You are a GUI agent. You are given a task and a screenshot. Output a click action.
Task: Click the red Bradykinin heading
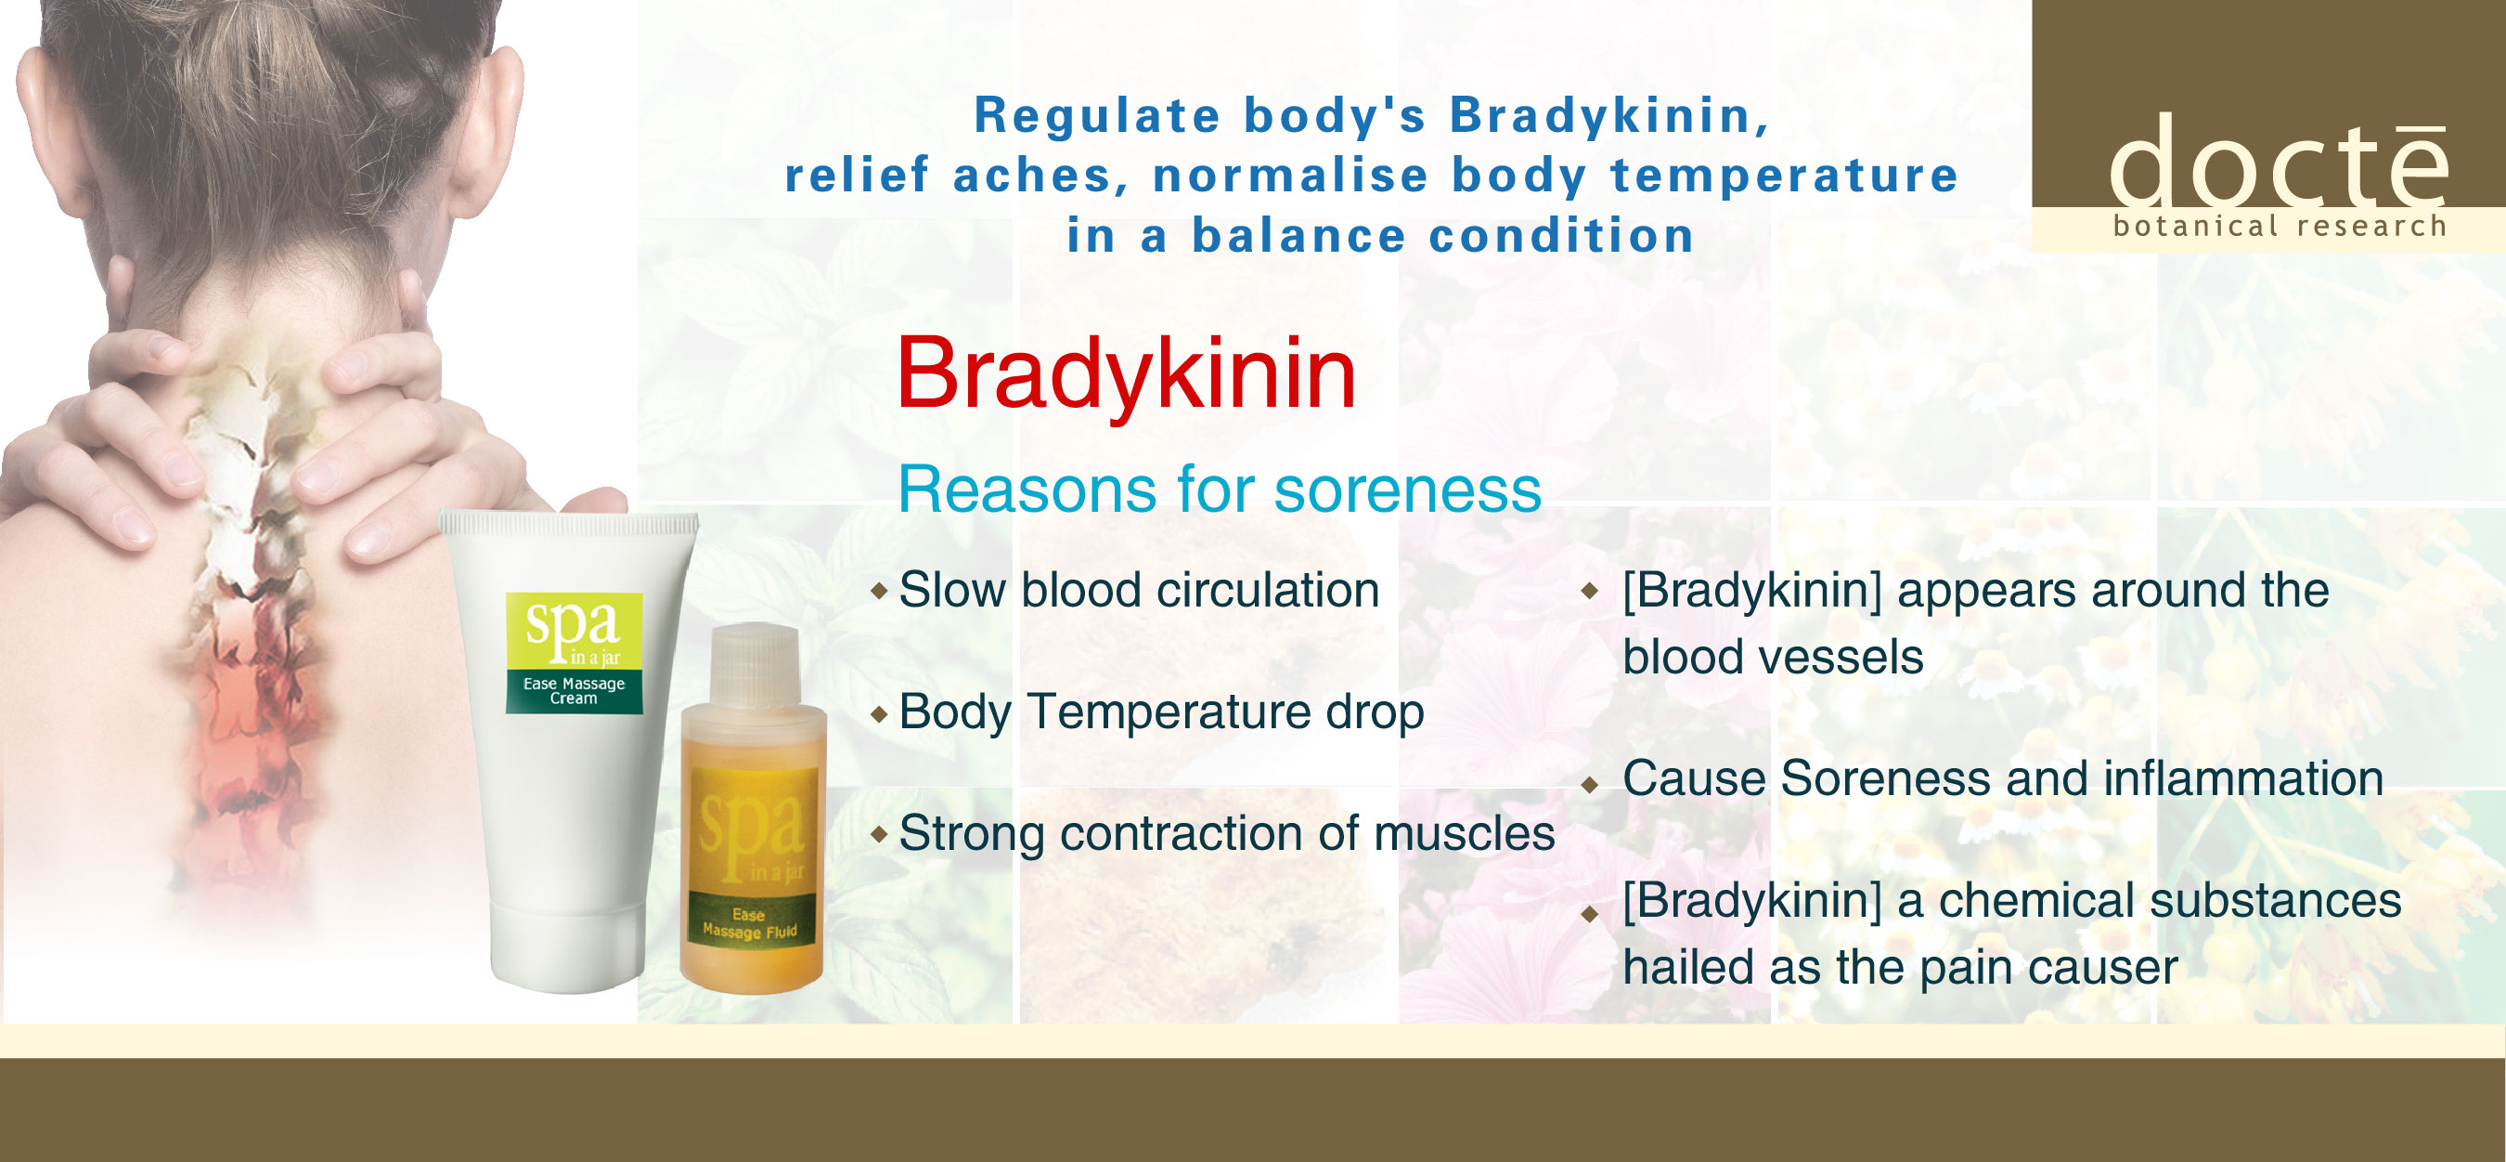1126,375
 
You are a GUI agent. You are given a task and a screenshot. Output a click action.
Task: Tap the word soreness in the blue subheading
1408,489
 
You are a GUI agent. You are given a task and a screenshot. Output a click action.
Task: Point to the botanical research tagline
2280,226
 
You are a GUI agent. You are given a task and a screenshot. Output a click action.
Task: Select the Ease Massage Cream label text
574,691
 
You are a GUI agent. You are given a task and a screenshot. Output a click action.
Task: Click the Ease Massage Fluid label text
749,923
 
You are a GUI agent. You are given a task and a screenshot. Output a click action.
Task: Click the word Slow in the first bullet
952,590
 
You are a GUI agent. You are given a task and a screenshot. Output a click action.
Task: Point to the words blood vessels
1774,657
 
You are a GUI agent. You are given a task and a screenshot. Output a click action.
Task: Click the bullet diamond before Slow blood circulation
880,591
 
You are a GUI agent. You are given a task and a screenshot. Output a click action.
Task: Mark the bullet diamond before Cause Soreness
1590,784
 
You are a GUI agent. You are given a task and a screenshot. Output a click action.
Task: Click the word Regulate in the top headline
1097,116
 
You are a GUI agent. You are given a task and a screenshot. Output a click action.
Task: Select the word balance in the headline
1299,237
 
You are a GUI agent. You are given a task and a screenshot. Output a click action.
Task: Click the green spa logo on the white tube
574,630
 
